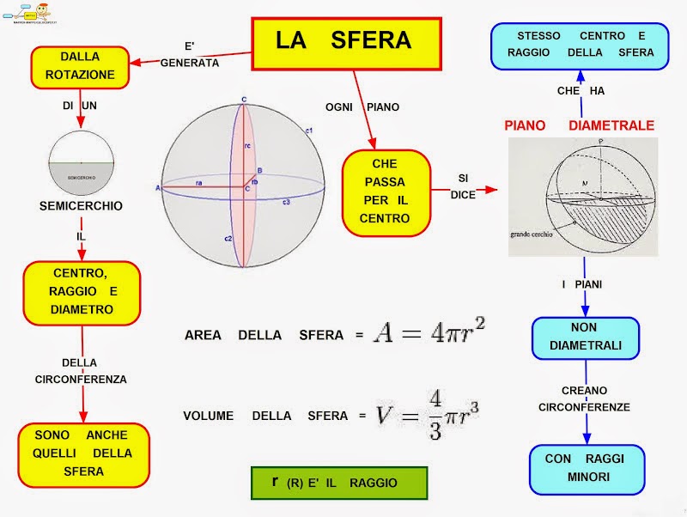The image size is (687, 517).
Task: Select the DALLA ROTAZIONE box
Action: pyautogui.click(x=86, y=67)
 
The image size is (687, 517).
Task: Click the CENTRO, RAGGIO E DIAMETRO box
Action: pyautogui.click(x=82, y=293)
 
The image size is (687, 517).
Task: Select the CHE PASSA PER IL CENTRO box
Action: pyautogui.click(x=385, y=192)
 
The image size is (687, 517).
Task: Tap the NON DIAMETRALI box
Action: pyautogui.click(x=585, y=338)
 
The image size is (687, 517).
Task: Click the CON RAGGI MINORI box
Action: pyautogui.click(x=584, y=468)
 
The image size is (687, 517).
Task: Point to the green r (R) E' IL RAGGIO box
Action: pyautogui.click(x=338, y=483)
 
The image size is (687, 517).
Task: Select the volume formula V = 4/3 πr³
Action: pyautogui.click(x=427, y=415)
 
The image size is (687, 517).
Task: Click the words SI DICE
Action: pyautogui.click(x=463, y=186)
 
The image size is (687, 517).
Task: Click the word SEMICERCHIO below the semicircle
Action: pyautogui.click(x=81, y=206)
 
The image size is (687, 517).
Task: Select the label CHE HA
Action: pyautogui.click(x=581, y=90)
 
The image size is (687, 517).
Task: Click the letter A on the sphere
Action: pyautogui.click(x=158, y=187)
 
